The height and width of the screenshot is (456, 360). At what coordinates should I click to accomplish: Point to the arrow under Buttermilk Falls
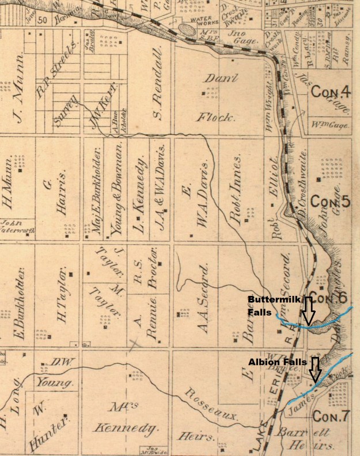tap(308, 311)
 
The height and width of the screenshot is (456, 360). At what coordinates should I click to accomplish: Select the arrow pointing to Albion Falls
tap(315, 368)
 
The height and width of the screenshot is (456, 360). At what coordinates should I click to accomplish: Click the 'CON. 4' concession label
tap(331, 92)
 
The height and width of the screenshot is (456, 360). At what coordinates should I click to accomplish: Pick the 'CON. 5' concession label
tap(330, 201)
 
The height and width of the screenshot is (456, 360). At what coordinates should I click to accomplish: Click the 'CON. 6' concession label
tap(332, 298)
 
